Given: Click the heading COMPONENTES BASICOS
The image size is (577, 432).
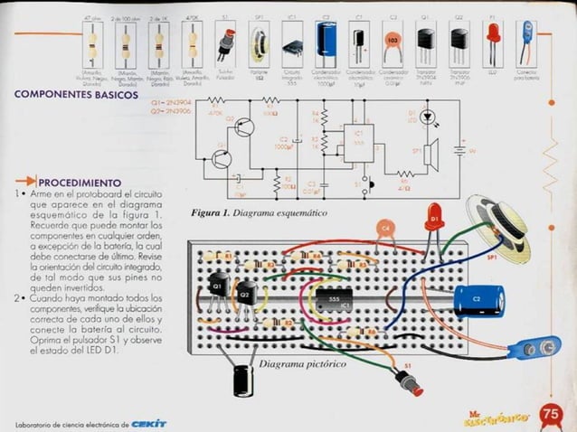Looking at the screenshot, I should (x=76, y=94).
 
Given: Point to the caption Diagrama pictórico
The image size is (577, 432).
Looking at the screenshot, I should (x=301, y=364).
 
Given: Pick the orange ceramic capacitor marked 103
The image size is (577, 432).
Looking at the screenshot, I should (x=393, y=41).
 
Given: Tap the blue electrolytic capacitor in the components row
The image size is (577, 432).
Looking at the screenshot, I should (x=326, y=42).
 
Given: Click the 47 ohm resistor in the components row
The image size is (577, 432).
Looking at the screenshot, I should (x=91, y=41).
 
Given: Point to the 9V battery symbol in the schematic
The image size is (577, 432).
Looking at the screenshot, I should (x=463, y=150).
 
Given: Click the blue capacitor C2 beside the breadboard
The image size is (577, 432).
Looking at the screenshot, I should (x=478, y=299).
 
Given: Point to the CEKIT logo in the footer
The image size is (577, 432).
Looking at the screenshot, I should (x=148, y=423).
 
